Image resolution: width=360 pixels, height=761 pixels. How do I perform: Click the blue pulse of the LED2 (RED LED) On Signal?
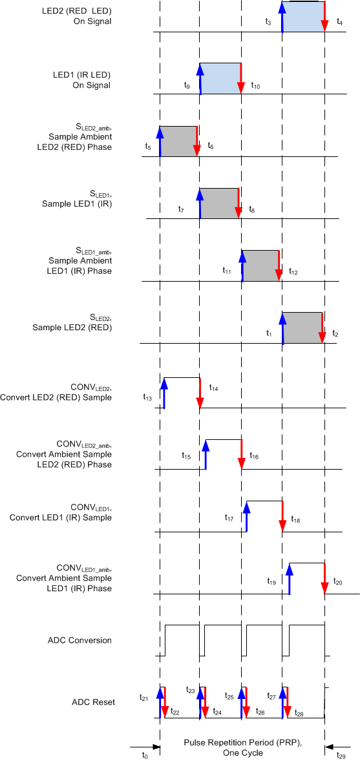coord(302,17)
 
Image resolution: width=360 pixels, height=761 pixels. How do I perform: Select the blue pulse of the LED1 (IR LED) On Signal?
coord(220,78)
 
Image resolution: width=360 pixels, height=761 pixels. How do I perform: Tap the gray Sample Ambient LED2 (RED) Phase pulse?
coord(178,141)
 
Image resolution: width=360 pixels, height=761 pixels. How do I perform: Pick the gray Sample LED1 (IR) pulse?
coord(218,203)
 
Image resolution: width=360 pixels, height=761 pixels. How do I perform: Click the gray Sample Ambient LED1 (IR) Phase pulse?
coord(260,265)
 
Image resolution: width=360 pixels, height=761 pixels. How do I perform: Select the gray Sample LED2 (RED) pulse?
coord(302,327)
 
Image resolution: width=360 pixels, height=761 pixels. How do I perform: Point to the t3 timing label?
coord(268,22)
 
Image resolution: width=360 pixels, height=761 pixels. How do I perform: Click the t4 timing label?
coord(340,22)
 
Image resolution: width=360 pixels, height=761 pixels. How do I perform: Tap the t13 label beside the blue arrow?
coord(147,398)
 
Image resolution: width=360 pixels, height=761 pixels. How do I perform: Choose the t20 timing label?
coord(338,581)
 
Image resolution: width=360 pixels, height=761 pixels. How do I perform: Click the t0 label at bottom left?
coord(145,754)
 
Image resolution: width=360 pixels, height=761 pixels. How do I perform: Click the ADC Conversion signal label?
coord(79,640)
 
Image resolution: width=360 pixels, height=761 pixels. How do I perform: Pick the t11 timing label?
coord(227,272)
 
